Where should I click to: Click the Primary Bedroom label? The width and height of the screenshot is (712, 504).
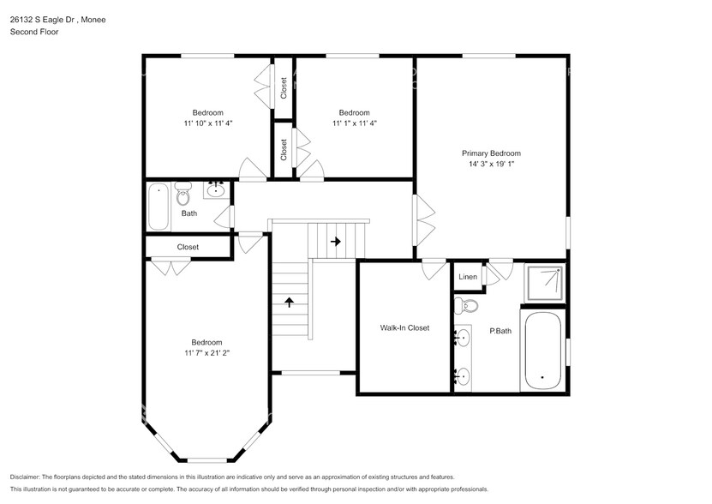pos(491,153)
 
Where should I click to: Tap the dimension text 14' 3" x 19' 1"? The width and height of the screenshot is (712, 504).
pos(491,164)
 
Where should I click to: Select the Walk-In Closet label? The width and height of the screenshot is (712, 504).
pos(404,327)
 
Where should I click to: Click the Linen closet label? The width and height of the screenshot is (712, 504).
pos(468,277)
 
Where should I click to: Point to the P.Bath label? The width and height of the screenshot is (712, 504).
pos(500,331)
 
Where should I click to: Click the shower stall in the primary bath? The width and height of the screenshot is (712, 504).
pos(545,281)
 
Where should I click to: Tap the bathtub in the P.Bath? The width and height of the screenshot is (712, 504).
pos(542,351)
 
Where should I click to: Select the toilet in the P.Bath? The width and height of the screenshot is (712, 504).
pos(470,306)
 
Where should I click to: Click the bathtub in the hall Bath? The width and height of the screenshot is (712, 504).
pos(159,207)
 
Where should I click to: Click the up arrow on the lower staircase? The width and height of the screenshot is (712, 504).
pos(290,302)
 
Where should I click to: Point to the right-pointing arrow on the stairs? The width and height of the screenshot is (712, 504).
pos(336,243)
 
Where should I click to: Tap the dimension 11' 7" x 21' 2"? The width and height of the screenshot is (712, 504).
pos(207,352)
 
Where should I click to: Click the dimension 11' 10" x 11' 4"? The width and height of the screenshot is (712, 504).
pos(207,123)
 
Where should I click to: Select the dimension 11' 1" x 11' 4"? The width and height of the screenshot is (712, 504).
pos(354,123)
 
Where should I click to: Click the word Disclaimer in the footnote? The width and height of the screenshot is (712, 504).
pos(29,477)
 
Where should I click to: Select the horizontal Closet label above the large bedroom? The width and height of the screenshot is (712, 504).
pos(188,247)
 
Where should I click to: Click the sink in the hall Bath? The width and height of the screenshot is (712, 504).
pos(216,190)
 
